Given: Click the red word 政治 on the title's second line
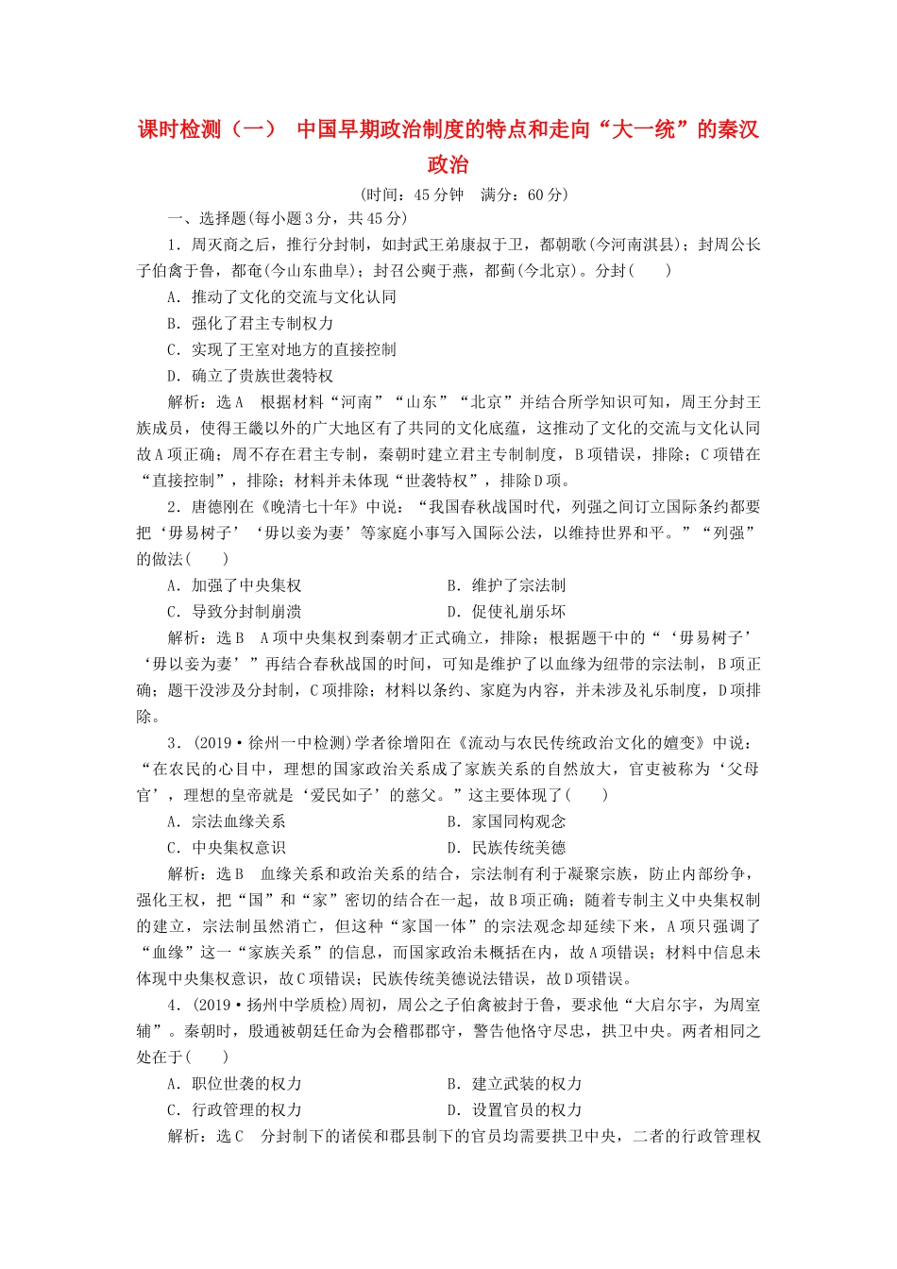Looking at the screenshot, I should [448, 164].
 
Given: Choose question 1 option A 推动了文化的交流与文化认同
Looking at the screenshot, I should [282, 296].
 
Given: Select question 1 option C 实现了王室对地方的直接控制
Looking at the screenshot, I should [282, 349].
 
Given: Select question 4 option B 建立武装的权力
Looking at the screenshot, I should [514, 1084].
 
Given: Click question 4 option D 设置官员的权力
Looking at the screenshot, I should [514, 1110].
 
